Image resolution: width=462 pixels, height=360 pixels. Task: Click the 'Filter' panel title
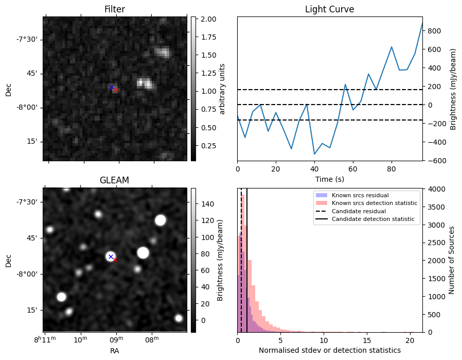114,9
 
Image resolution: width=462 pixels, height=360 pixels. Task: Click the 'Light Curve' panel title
329,9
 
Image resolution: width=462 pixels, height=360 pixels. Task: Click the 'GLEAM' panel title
114,180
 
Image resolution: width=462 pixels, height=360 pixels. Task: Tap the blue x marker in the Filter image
112,87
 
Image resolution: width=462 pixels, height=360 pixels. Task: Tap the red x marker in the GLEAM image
115,260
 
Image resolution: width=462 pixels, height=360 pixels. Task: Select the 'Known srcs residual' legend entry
360,196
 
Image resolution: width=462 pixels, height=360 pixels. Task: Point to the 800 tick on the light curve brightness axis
432,31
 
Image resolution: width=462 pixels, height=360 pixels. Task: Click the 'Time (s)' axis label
329,179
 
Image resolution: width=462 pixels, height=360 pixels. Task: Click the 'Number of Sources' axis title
452,260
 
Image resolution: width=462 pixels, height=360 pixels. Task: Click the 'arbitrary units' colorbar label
223,89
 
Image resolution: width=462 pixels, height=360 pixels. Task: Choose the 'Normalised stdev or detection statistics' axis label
329,351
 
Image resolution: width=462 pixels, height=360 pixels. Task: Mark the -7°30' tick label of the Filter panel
27,40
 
